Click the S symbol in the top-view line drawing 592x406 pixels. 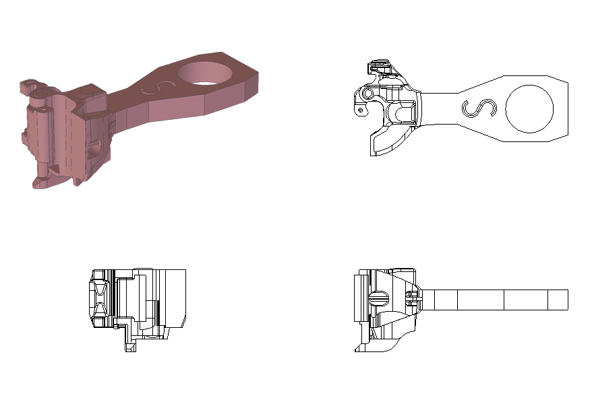click(x=478, y=108)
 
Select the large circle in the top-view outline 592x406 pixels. click(x=529, y=108)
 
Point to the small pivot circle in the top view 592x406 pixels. click(x=367, y=94)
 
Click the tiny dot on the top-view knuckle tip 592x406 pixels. click(x=361, y=109)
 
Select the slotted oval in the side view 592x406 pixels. click(x=380, y=298)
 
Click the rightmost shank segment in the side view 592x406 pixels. click(x=558, y=300)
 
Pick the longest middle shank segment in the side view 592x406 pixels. click(x=481, y=300)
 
